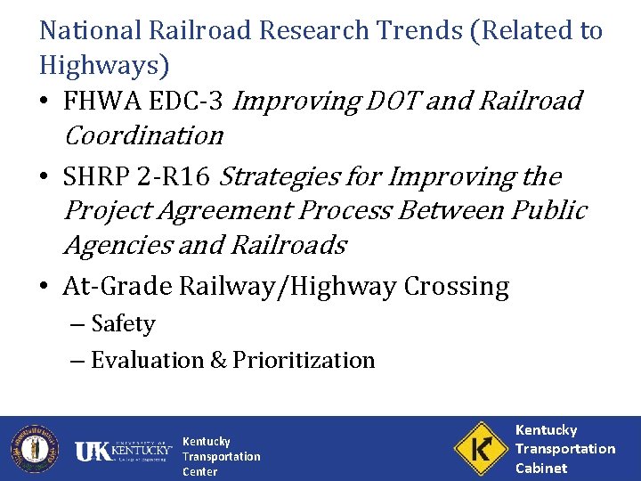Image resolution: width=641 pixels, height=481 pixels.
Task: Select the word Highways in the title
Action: tap(97, 66)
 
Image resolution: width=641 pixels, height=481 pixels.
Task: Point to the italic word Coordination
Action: tap(142, 136)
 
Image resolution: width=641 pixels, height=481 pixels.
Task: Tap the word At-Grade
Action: tap(118, 287)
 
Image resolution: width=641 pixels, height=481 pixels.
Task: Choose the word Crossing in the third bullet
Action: tap(456, 287)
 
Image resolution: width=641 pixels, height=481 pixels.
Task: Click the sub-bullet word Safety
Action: tap(123, 324)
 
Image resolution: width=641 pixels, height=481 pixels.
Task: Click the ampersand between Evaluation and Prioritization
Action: tap(218, 361)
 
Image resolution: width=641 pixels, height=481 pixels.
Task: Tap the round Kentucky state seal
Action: tap(34, 448)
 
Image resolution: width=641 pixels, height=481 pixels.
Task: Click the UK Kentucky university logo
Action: tap(123, 452)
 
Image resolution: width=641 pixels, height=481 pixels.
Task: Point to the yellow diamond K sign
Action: tap(480, 448)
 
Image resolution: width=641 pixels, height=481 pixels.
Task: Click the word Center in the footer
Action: tap(199, 472)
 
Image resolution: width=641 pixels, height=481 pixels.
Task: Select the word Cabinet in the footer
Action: tap(541, 468)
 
